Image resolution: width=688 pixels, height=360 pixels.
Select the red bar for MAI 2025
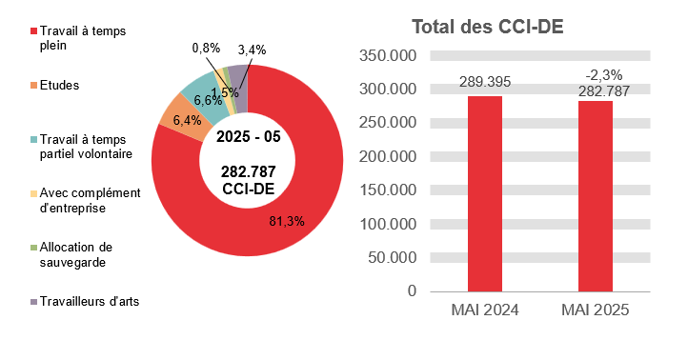(x=595, y=194)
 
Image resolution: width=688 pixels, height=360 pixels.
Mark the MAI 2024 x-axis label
(x=484, y=311)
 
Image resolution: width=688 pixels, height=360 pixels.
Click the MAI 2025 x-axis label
(x=595, y=311)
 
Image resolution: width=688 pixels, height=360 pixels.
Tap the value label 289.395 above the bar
(x=484, y=82)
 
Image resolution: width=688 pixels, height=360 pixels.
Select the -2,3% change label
(x=596, y=73)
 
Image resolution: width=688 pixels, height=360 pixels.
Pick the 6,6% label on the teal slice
(x=207, y=99)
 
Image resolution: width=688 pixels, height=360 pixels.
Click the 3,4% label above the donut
(x=253, y=49)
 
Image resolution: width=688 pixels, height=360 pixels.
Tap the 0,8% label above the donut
(x=206, y=49)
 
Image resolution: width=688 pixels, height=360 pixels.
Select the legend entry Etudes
(x=59, y=85)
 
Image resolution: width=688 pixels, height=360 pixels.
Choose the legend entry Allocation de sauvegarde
(x=76, y=254)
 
